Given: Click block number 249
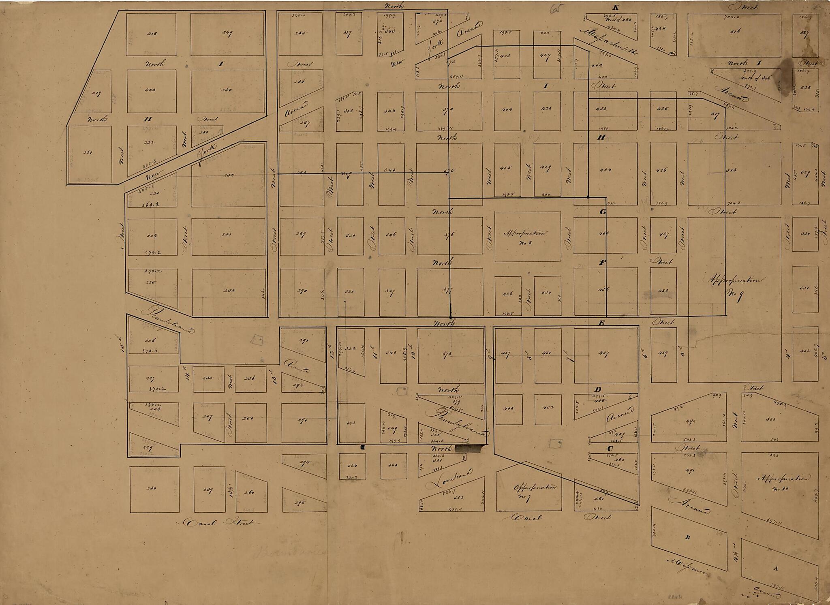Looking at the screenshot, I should click(x=227, y=34).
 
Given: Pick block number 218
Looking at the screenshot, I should click(x=151, y=34).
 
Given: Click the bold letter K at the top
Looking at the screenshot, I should click(x=616, y=8).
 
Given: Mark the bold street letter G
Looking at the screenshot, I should click(x=603, y=212).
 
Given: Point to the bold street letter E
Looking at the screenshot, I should click(x=602, y=323).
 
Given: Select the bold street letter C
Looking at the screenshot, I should click(x=610, y=448).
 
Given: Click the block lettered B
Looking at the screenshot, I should click(x=687, y=537).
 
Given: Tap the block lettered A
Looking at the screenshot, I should click(x=776, y=568).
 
